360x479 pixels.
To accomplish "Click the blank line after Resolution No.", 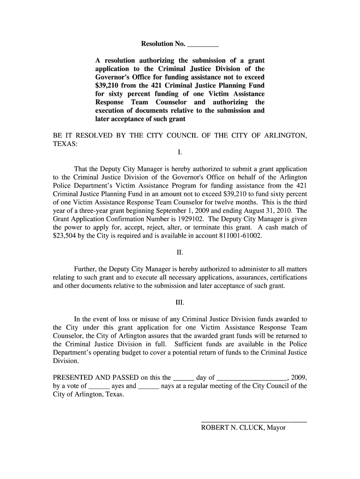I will [202, 45].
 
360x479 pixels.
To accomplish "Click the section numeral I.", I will [180, 153].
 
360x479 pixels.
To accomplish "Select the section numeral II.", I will [180, 253].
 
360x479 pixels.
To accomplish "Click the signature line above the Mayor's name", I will [253, 422].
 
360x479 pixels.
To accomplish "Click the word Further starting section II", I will [86, 269].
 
